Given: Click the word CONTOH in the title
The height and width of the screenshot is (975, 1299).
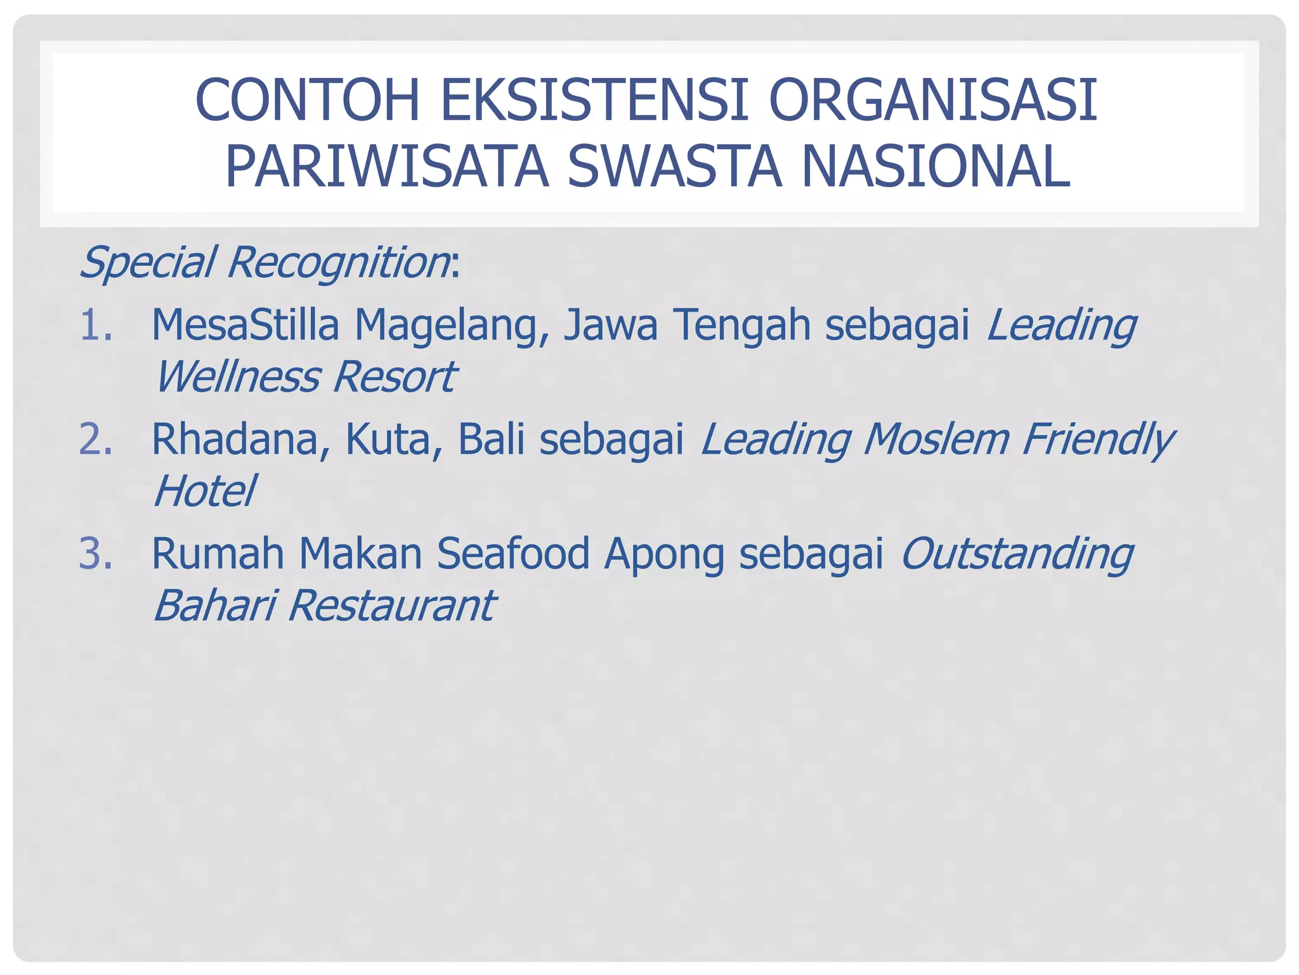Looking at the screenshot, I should (x=308, y=100).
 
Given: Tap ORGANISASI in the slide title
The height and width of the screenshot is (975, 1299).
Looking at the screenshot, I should (x=933, y=100).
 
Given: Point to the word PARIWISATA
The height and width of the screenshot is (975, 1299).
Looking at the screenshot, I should (x=386, y=166).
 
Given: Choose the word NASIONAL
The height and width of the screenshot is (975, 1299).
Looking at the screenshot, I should (x=936, y=166).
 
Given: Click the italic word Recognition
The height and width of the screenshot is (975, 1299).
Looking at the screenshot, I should (x=338, y=263).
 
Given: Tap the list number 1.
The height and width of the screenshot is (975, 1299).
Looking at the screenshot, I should (x=96, y=325).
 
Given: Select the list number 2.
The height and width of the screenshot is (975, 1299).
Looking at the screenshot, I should (x=96, y=439).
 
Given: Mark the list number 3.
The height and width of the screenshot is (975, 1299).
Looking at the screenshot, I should (x=96, y=554).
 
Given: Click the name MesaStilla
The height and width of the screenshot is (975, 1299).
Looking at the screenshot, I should (x=245, y=325).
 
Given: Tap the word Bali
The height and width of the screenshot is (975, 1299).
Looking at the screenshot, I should (x=491, y=439).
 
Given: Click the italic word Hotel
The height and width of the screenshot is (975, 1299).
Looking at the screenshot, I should (x=204, y=491).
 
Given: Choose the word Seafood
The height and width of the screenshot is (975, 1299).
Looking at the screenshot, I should (x=513, y=554).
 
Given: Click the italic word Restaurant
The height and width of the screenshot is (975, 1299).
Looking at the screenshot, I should (x=391, y=606).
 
